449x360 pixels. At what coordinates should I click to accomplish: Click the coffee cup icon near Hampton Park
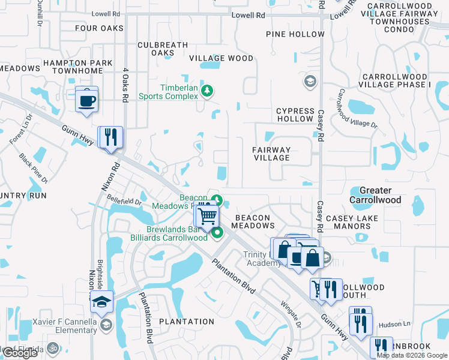point(87,98)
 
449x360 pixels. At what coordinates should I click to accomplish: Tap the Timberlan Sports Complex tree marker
point(207,91)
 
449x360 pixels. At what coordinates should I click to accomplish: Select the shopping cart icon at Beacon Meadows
point(207,215)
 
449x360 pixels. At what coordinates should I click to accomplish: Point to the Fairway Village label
point(271,154)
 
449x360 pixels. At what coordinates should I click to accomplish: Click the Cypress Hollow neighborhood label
point(295,115)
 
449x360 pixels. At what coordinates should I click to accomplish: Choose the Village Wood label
point(221,58)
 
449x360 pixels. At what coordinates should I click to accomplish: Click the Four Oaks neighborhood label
point(99,28)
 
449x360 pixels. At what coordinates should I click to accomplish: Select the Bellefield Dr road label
point(124,198)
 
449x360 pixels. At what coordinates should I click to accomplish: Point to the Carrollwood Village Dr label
point(357,109)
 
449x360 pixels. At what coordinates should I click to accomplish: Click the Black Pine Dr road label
point(33,169)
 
